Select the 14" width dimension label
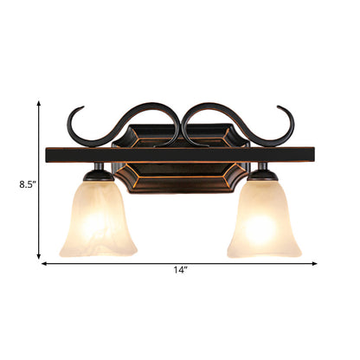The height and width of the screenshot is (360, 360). pyautogui.click(x=180, y=271)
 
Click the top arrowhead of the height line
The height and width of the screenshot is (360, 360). pyautogui.click(x=39, y=102)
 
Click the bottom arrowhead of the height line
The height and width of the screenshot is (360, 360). pyautogui.click(x=39, y=256)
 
